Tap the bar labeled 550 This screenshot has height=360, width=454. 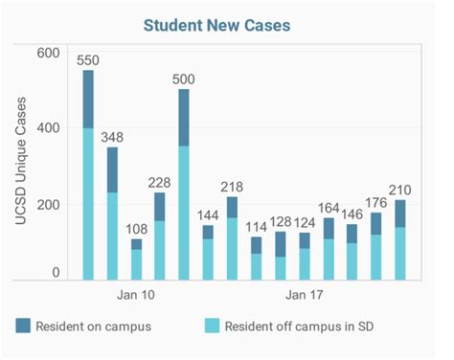pos(88,172)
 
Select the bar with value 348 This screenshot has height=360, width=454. pos(112,211)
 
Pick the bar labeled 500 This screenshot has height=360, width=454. pos(184,182)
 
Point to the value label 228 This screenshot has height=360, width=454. pos(160,182)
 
